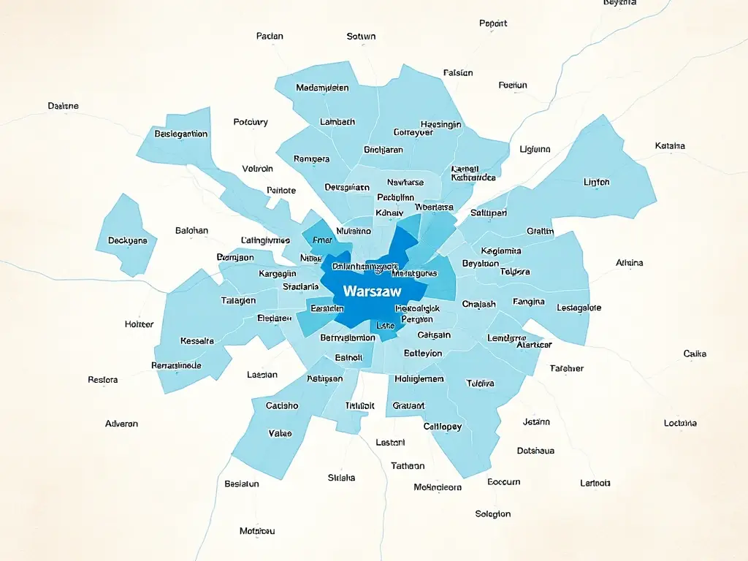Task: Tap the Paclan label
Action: (x=270, y=36)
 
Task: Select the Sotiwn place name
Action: (x=361, y=36)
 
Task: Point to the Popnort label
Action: (x=493, y=23)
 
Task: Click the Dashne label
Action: (x=63, y=106)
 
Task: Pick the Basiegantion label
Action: (x=181, y=134)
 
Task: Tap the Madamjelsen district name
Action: (x=322, y=88)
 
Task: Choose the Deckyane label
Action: (x=128, y=240)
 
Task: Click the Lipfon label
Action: (x=597, y=182)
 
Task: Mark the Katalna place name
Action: (x=670, y=145)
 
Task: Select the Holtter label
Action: (x=139, y=324)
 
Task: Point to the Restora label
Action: (x=102, y=380)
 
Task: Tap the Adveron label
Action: (x=121, y=424)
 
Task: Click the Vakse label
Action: (x=280, y=433)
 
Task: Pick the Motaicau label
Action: (x=257, y=530)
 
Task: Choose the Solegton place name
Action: (x=492, y=514)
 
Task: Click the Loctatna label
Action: (x=680, y=423)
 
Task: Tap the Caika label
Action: (x=695, y=354)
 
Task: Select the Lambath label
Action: (x=337, y=122)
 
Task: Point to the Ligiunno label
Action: (x=535, y=149)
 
